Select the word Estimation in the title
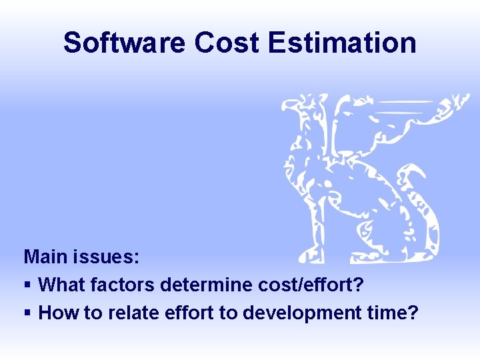343,43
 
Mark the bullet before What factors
27,285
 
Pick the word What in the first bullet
61,285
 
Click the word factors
122,285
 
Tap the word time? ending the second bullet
397,313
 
